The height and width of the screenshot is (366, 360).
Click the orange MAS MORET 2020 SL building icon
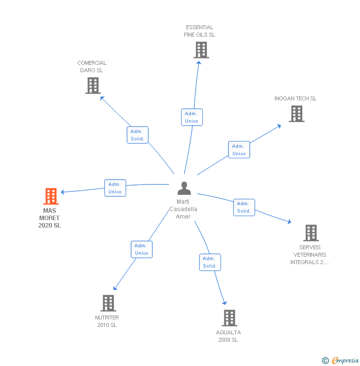click(x=50, y=196)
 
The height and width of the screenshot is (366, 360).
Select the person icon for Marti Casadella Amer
click(x=184, y=188)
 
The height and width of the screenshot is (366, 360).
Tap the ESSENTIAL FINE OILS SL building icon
click(x=201, y=50)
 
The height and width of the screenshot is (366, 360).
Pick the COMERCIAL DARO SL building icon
click(x=92, y=86)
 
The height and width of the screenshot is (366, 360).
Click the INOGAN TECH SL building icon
click(x=296, y=114)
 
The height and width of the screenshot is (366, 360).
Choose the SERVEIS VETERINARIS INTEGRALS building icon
click(x=311, y=232)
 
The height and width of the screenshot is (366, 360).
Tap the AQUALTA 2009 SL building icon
click(x=229, y=318)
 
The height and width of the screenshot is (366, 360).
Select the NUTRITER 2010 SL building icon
click(x=108, y=303)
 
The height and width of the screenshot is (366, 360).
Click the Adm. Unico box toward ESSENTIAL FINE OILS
click(x=191, y=117)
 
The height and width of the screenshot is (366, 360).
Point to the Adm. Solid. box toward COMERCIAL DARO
click(x=137, y=135)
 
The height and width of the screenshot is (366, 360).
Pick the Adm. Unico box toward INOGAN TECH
click(x=239, y=150)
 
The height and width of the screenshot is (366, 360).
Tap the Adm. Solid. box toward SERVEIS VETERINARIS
click(x=244, y=207)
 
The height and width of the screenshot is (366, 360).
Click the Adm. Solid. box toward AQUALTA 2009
click(x=210, y=262)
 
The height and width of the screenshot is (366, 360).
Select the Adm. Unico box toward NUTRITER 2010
click(x=141, y=249)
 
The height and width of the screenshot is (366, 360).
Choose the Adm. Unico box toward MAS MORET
click(x=115, y=188)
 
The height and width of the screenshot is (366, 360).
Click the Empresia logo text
click(x=345, y=361)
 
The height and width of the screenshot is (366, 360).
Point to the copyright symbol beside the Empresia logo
click(x=325, y=361)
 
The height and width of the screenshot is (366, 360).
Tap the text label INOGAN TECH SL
click(x=295, y=98)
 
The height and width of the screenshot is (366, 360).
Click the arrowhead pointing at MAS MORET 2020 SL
click(x=63, y=192)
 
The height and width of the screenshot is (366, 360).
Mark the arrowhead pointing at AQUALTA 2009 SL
click(x=225, y=303)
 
